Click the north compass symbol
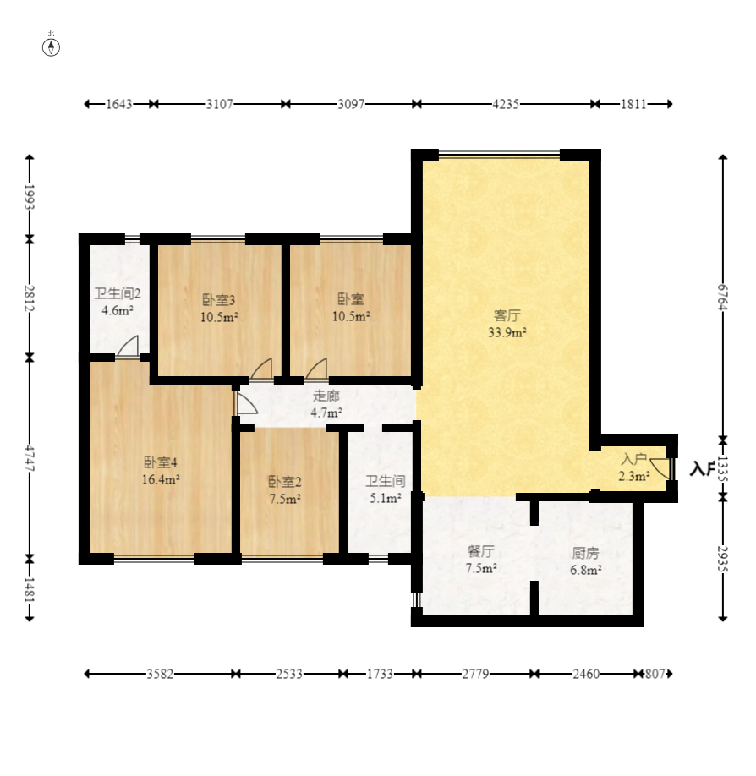pos(51,47)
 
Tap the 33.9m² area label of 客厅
pos(507,332)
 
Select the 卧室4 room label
pos(161,462)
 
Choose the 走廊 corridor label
pos(326,396)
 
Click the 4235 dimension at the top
pos(506,104)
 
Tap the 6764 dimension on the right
pos(723,297)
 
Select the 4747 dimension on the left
pos(30,458)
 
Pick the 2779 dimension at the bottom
pos(475,674)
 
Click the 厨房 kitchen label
pos(586,554)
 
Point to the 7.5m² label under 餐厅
pos(481,569)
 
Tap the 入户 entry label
pos(633,459)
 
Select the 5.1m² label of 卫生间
pos(386,498)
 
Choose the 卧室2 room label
pos(285,482)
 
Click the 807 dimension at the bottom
pos(655,674)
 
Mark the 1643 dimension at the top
pos(119,104)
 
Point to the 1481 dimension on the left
pos(30,590)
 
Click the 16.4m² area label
pos(161,479)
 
